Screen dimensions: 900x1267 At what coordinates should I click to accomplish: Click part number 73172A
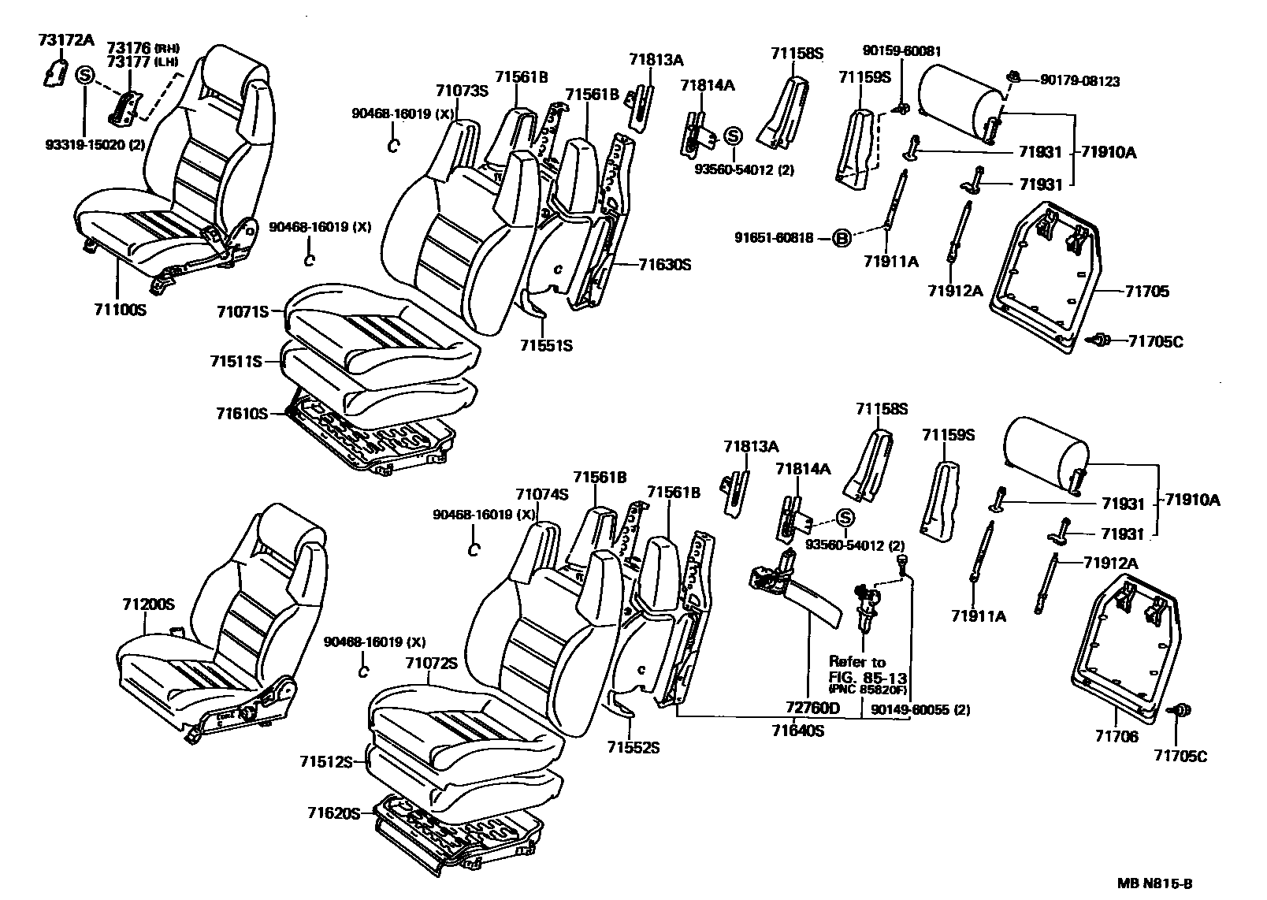pyautogui.click(x=65, y=40)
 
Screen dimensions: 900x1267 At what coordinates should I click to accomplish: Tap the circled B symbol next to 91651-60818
pyautogui.click(x=842, y=237)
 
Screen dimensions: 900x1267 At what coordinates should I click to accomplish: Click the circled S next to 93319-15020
pyautogui.click(x=85, y=76)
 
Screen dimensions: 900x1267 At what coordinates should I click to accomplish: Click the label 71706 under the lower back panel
pyautogui.click(x=1116, y=737)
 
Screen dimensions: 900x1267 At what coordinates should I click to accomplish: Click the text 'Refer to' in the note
pyautogui.click(x=856, y=662)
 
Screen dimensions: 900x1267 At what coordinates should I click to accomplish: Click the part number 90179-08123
pyautogui.click(x=1079, y=80)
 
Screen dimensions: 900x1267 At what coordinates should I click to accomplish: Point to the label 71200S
pyautogui.click(x=147, y=605)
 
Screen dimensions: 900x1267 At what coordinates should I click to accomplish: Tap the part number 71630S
pyautogui.click(x=664, y=265)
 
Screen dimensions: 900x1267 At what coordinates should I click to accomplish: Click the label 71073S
pyautogui.click(x=462, y=91)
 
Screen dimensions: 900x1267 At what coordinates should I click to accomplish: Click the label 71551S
pyautogui.click(x=546, y=345)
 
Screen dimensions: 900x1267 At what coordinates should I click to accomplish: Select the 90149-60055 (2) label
pyautogui.click(x=920, y=709)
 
